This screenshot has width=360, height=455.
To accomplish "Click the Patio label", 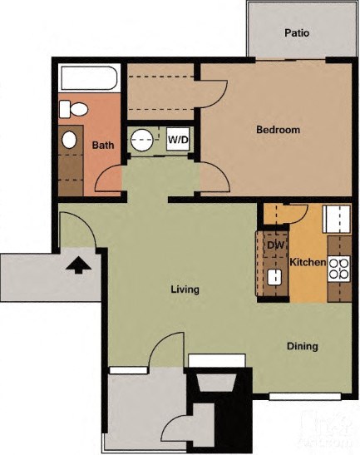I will click(x=297, y=33).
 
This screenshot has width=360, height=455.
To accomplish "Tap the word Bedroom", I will click(x=278, y=130).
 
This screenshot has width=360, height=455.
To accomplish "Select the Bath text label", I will click(x=103, y=145).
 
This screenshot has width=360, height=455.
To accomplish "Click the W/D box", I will click(x=178, y=139).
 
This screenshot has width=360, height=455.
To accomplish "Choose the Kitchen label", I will click(x=308, y=263).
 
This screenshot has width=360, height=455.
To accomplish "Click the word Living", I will click(x=185, y=289).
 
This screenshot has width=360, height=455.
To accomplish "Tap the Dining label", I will click(x=303, y=346).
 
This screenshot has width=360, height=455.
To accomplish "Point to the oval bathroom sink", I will click(x=71, y=139).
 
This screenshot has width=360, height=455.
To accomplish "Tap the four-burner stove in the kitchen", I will click(x=339, y=268).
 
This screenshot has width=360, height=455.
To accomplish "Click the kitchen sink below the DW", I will click(x=274, y=276).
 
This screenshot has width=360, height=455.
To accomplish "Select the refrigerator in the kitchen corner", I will click(x=338, y=220).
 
